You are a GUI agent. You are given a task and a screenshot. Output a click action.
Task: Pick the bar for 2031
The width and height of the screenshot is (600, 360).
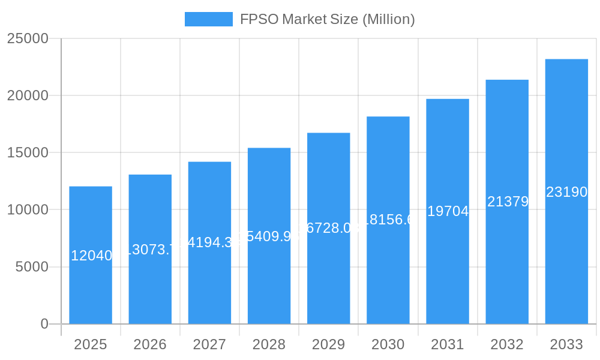point(448,264)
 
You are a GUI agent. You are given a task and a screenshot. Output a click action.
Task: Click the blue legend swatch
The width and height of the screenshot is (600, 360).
point(208,19)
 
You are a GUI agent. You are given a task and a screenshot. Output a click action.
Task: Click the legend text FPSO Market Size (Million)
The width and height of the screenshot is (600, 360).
point(327,19)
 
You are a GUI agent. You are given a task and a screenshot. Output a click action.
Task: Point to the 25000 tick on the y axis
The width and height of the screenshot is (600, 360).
point(27,38)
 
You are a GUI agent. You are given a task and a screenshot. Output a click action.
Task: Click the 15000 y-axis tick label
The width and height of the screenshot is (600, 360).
point(27,152)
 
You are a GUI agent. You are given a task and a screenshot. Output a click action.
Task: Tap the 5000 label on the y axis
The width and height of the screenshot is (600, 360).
point(31,267)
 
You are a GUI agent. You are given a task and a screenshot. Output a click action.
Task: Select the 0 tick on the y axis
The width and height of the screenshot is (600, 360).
point(44,324)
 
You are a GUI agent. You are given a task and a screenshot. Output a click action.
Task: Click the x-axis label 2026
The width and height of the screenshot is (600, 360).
point(150,344)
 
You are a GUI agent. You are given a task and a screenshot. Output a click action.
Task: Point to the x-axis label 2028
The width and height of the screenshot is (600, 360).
point(269,344)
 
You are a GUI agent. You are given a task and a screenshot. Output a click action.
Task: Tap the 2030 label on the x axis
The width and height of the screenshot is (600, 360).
point(388,344)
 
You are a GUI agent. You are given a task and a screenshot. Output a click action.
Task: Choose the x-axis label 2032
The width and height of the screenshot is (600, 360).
point(507,344)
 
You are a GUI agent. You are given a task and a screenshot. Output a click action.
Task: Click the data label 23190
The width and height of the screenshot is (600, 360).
point(566,192)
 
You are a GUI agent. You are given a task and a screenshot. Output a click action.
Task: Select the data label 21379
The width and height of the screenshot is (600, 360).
point(508,202)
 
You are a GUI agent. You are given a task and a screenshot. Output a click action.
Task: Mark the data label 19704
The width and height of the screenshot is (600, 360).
point(448,211)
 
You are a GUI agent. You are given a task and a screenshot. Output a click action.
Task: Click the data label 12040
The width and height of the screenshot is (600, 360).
point(91,256)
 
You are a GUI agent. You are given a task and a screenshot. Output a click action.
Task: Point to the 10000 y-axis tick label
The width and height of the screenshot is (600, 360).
point(27,210)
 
